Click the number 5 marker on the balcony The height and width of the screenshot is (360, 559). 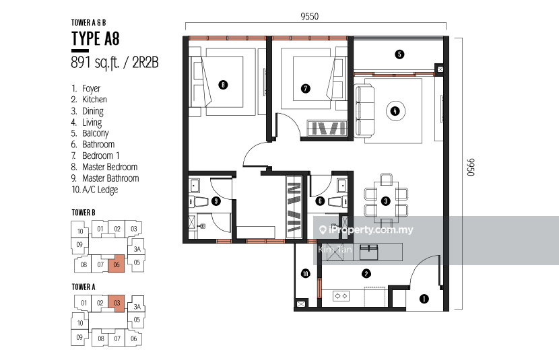[399, 54]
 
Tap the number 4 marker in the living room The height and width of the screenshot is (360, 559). [395, 111]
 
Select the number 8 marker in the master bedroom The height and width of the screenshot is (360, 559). [223, 85]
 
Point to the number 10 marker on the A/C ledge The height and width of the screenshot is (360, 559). [306, 273]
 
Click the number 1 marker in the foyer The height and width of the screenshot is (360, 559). [424, 299]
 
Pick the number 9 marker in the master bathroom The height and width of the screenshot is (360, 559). [216, 201]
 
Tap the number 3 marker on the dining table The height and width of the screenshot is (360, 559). [385, 201]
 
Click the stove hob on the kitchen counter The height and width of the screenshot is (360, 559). [341, 296]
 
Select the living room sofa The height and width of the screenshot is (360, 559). [364, 110]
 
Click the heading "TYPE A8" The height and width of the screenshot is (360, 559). [95, 38]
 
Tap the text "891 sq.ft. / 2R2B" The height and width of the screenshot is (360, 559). [114, 63]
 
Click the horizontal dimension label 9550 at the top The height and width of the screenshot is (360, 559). [309, 16]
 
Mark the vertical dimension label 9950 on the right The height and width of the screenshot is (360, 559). [471, 167]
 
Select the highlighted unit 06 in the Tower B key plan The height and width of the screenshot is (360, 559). [117, 264]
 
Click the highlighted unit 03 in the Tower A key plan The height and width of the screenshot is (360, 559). [117, 303]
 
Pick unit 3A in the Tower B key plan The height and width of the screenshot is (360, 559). [137, 249]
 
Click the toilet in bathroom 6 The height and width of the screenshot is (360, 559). [337, 202]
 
